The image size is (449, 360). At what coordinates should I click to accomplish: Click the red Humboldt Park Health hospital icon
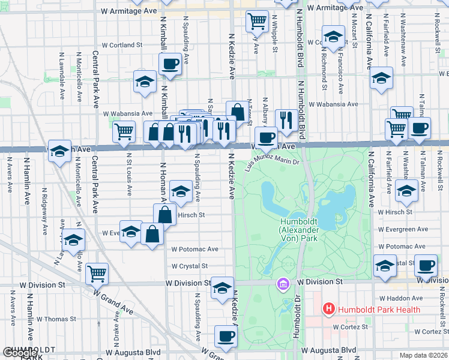point(329,310)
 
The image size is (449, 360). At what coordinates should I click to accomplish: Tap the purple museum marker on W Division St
point(282,283)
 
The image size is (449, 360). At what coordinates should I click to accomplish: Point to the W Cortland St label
point(122,44)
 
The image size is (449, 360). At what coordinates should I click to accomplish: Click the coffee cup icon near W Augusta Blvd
point(226,337)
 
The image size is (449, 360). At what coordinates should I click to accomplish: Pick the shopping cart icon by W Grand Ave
point(97,273)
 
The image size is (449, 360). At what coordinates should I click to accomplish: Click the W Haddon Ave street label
point(400,298)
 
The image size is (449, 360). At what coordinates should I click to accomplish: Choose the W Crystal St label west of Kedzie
point(189,266)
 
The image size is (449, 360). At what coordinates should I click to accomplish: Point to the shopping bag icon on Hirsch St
point(164,214)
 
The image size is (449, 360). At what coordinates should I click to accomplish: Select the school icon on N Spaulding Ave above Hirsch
point(180,191)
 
